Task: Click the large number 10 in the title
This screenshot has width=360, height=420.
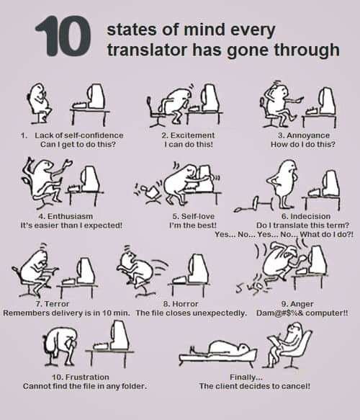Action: coord(63,36)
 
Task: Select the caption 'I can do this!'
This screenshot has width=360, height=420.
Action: coord(189,144)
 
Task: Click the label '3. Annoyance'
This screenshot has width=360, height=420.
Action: coord(304,135)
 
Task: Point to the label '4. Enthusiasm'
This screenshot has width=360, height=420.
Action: coord(66,216)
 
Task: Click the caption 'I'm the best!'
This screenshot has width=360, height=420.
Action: coord(193,225)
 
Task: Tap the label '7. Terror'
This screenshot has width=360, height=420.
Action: coord(53,304)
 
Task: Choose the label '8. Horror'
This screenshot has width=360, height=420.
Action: coord(181,304)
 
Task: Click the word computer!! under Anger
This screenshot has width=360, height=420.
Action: coord(327,313)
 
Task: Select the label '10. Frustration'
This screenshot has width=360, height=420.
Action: coord(81,377)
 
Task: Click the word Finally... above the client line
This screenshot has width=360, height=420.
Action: coord(246,377)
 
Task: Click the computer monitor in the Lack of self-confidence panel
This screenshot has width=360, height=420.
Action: coord(96,97)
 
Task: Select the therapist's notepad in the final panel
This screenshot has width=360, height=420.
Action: coord(274,342)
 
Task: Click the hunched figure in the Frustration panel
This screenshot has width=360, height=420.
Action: coord(60,347)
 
